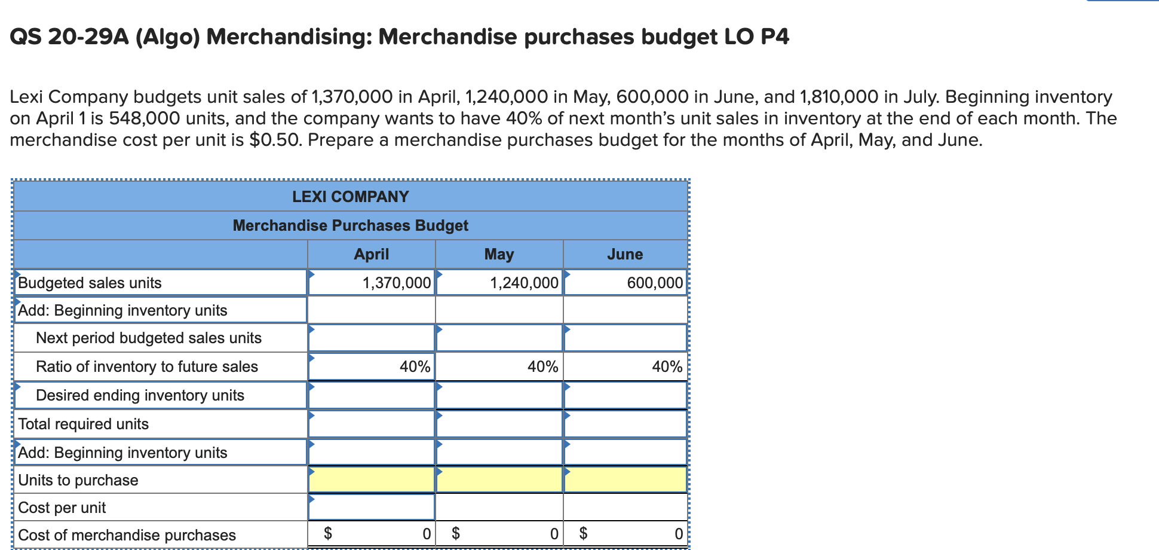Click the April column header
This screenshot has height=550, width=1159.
(x=371, y=254)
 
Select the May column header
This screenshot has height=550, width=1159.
(x=499, y=254)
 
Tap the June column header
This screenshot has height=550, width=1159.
(x=625, y=254)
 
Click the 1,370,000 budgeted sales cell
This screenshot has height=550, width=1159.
(x=371, y=282)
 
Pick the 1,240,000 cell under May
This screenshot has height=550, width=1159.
(x=499, y=282)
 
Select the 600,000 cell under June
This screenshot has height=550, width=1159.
(x=626, y=282)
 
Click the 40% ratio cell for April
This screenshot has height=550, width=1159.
(x=371, y=366)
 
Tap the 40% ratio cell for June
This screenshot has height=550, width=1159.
(x=626, y=366)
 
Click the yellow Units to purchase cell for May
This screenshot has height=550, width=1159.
(x=499, y=479)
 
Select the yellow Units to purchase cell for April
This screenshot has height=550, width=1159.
(x=371, y=479)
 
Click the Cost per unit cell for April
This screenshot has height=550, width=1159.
(x=371, y=507)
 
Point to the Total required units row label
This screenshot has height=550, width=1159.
(x=84, y=424)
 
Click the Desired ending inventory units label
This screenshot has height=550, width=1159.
(x=140, y=395)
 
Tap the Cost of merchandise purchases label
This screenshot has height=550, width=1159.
(x=127, y=535)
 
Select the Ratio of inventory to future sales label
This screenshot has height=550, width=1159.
(x=147, y=366)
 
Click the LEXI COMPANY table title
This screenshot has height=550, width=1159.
(x=351, y=197)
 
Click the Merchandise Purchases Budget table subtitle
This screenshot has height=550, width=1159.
(x=351, y=225)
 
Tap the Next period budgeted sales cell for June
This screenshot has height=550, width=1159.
(x=626, y=338)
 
